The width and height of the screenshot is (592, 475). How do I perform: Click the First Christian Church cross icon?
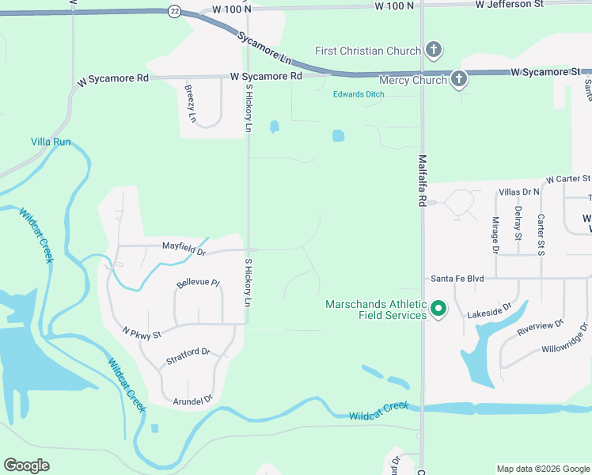point(433,51)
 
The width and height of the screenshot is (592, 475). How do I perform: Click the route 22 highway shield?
point(173,10)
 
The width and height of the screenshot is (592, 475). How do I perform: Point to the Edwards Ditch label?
point(359,94)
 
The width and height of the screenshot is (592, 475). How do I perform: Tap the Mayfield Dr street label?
point(184,249)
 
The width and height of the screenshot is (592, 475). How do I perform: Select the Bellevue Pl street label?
point(198,283)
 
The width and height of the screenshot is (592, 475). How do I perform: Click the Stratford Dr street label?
point(188,356)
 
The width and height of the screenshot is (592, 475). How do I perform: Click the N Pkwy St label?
point(142,334)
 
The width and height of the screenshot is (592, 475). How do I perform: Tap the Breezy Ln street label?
point(191,102)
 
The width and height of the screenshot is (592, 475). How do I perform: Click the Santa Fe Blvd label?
point(457,279)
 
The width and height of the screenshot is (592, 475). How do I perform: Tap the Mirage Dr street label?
point(495,234)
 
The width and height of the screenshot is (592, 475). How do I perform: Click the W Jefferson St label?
point(509,5)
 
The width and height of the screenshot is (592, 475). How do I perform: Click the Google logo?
point(26,465)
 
